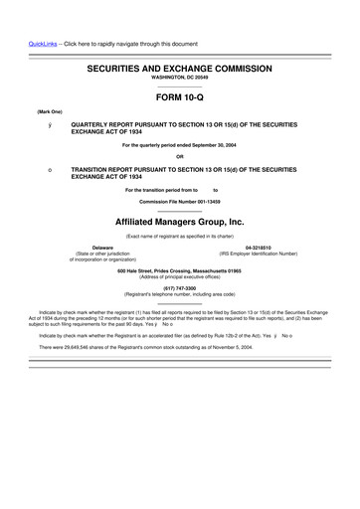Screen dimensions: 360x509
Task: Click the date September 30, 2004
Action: (214, 146)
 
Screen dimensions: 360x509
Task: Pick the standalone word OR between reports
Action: (179, 156)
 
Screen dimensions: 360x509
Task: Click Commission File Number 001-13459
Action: (179, 201)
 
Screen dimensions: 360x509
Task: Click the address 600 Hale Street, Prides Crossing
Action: (179, 271)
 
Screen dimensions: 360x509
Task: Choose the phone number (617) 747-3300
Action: (179, 288)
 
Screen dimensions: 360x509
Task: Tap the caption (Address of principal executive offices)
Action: (179, 277)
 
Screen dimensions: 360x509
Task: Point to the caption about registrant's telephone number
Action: (179, 294)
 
